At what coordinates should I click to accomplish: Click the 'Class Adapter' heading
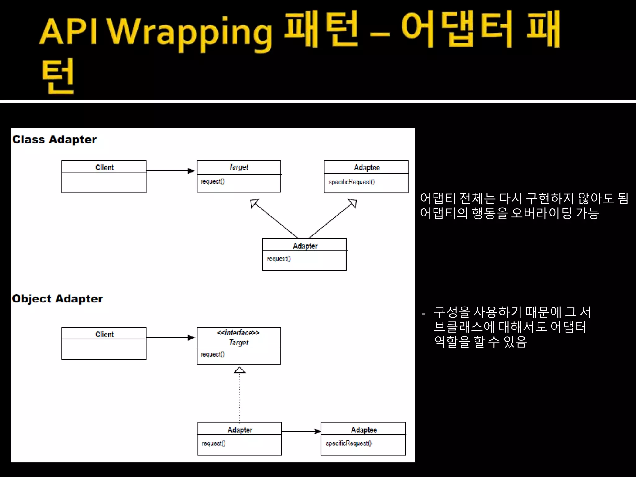coord(54,140)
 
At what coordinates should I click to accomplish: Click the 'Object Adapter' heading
coord(57,299)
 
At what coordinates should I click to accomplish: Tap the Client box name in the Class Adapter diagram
coord(104,167)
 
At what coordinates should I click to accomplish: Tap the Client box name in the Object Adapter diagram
coord(104,334)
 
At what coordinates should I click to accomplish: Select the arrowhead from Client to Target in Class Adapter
coord(191,171)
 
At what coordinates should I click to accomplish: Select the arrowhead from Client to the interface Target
coord(191,338)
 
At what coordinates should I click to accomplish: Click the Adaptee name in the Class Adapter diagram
coord(367,168)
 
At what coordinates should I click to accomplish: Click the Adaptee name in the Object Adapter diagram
coord(364,430)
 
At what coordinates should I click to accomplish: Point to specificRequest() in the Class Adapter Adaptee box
coord(352,182)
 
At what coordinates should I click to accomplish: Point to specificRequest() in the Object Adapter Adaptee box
coord(348,443)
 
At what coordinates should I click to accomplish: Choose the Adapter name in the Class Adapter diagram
coord(305,246)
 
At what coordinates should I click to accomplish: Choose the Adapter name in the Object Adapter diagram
coord(240,430)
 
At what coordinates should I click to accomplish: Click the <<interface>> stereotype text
coord(238,333)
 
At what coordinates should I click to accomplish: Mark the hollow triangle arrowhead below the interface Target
coord(239,370)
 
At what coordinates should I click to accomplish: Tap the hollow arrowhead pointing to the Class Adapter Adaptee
coord(353,203)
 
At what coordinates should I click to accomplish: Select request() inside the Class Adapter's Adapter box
coord(279,259)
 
